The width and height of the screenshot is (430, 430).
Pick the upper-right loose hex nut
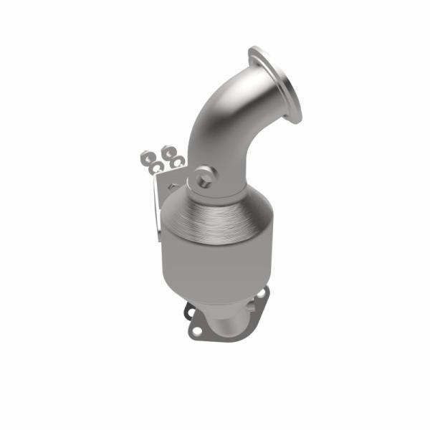(170, 151)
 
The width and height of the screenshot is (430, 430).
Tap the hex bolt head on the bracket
(169, 186)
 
